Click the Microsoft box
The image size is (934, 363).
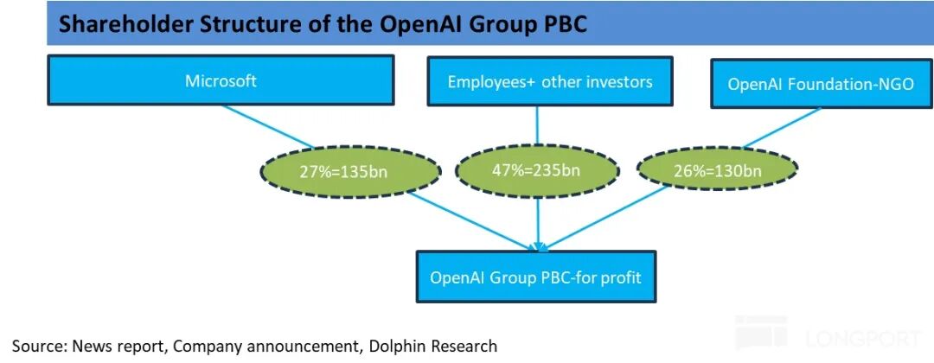point(221,81)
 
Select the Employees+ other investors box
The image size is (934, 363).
point(537,82)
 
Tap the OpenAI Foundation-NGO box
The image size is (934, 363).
point(820,84)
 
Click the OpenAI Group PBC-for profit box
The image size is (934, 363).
point(535,277)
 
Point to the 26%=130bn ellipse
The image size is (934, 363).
point(718,169)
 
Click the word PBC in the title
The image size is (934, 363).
point(563,24)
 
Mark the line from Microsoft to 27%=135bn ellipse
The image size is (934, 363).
point(270,127)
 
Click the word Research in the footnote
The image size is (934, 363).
point(464,347)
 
